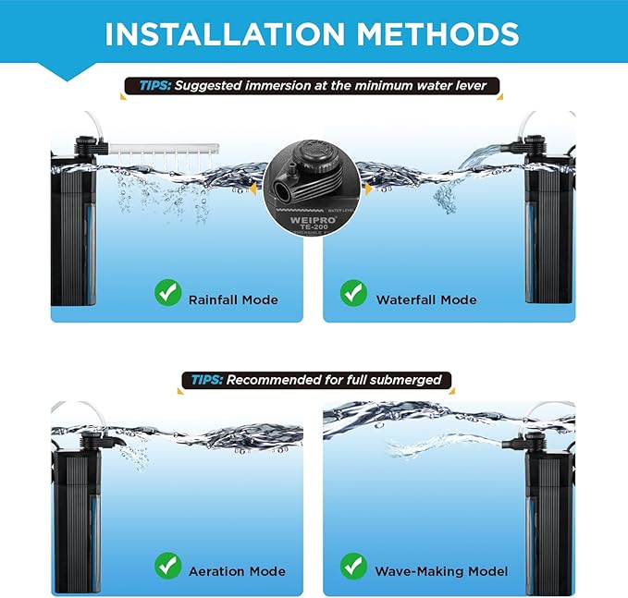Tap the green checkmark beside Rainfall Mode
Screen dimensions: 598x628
pyautogui.click(x=167, y=294)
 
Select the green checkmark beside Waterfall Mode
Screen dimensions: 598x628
pyautogui.click(x=354, y=294)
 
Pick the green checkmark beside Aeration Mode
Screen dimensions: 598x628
pyautogui.click(x=167, y=565)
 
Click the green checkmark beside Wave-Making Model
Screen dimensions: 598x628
pyautogui.click(x=354, y=565)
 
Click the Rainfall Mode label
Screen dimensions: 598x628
pyautogui.click(x=233, y=299)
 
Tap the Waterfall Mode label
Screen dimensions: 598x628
pyautogui.click(x=426, y=299)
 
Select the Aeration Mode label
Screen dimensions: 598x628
pyautogui.click(x=237, y=571)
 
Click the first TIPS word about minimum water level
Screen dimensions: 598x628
pyautogui.click(x=154, y=87)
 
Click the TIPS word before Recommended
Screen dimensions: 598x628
pyautogui.click(x=206, y=380)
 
